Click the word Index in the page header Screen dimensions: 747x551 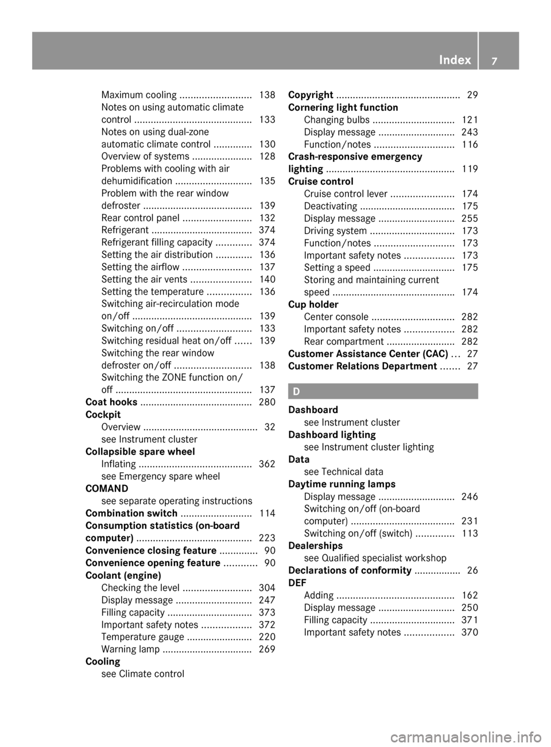pos(455,60)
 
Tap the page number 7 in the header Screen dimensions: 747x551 pos(495,60)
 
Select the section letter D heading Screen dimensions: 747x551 pos(296,391)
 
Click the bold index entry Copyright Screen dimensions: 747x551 pos(311,95)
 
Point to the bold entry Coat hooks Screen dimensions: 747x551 pos(111,402)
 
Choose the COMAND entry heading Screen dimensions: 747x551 pos(107,489)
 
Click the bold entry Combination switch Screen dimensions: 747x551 pos(131,513)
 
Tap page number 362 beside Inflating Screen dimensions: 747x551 pos(267,464)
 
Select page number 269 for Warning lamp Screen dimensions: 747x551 pos(267,649)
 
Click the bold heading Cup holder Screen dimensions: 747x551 pos(313,305)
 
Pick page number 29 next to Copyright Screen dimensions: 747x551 pos(472,95)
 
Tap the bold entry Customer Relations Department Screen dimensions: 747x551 pos(362,366)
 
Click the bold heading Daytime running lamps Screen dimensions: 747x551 pos(342,484)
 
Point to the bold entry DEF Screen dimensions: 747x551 pos(297,583)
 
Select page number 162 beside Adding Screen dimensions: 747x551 pos(469,596)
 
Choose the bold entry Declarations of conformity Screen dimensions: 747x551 pos(350,570)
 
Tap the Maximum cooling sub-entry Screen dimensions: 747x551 pos(139,95)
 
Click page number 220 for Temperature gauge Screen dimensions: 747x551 pos(267,637)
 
